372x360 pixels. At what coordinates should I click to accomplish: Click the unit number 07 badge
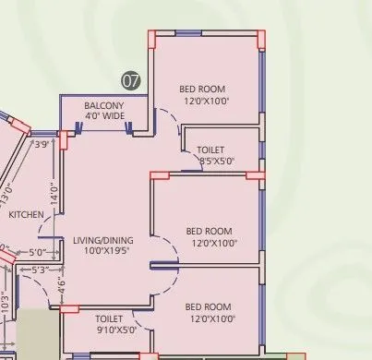[132, 80]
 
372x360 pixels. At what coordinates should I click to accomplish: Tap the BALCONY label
[103, 105]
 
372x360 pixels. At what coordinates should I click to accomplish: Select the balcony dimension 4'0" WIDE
[103, 116]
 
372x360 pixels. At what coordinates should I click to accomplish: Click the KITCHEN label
[27, 214]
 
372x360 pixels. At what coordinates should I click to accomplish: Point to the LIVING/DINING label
[102, 240]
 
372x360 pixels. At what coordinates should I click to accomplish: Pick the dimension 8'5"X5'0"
[217, 161]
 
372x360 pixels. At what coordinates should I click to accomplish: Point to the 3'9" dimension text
[42, 144]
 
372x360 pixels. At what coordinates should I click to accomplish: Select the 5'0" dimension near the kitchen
[37, 252]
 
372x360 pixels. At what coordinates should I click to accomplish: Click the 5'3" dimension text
[41, 270]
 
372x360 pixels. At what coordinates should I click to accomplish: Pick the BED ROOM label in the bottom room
[210, 306]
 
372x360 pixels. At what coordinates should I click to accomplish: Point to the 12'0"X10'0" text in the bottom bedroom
[210, 318]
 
